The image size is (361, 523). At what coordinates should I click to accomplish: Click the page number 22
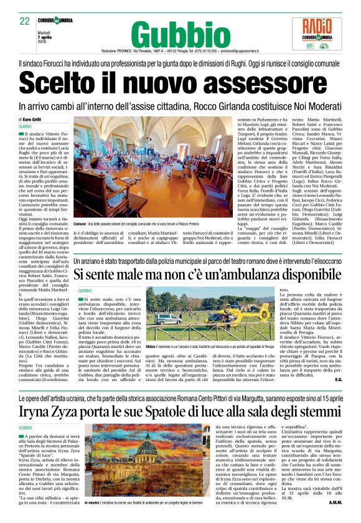pyautogui.click(x=24, y=21)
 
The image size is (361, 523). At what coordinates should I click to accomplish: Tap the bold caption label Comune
pyautogui.click(x=80, y=222)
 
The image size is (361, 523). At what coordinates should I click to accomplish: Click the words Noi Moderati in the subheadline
pyautogui.click(x=315, y=106)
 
